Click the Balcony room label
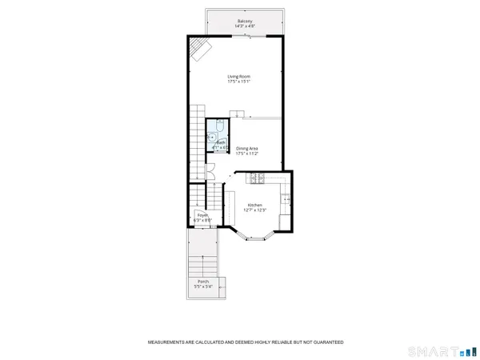point(245,21)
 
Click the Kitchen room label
point(255,204)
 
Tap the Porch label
point(203,282)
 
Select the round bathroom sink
point(213,137)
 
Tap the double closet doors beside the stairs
point(208,170)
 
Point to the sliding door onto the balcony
point(245,35)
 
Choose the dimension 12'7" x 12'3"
point(255,210)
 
